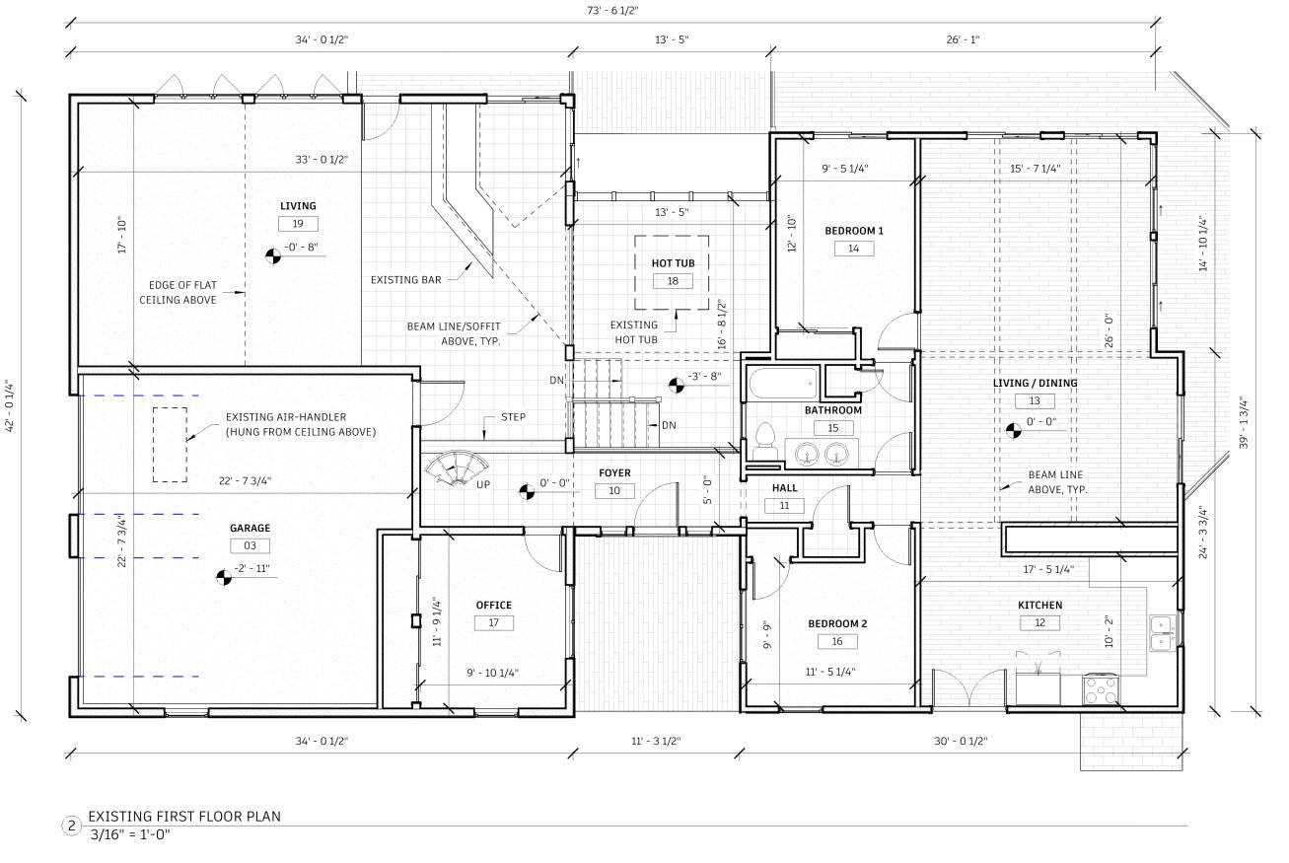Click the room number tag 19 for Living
(x=298, y=224)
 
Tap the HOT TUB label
(x=673, y=263)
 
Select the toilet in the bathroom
(x=765, y=442)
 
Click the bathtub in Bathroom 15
(x=783, y=384)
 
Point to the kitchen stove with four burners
(x=1101, y=690)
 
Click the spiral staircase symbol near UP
(x=457, y=467)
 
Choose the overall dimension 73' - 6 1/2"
(x=612, y=11)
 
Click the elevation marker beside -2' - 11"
(x=224, y=577)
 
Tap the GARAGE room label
(x=250, y=529)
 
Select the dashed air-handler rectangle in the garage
(x=170, y=445)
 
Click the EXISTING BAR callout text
(x=405, y=280)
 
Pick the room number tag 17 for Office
(x=494, y=623)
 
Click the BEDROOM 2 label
(x=837, y=623)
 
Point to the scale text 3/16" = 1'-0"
(x=130, y=834)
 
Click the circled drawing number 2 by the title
(x=71, y=827)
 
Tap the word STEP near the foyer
(x=513, y=417)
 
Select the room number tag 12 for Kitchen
(x=1039, y=623)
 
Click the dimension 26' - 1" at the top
(x=963, y=39)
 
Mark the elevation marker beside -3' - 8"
(x=677, y=386)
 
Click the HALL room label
(x=784, y=488)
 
